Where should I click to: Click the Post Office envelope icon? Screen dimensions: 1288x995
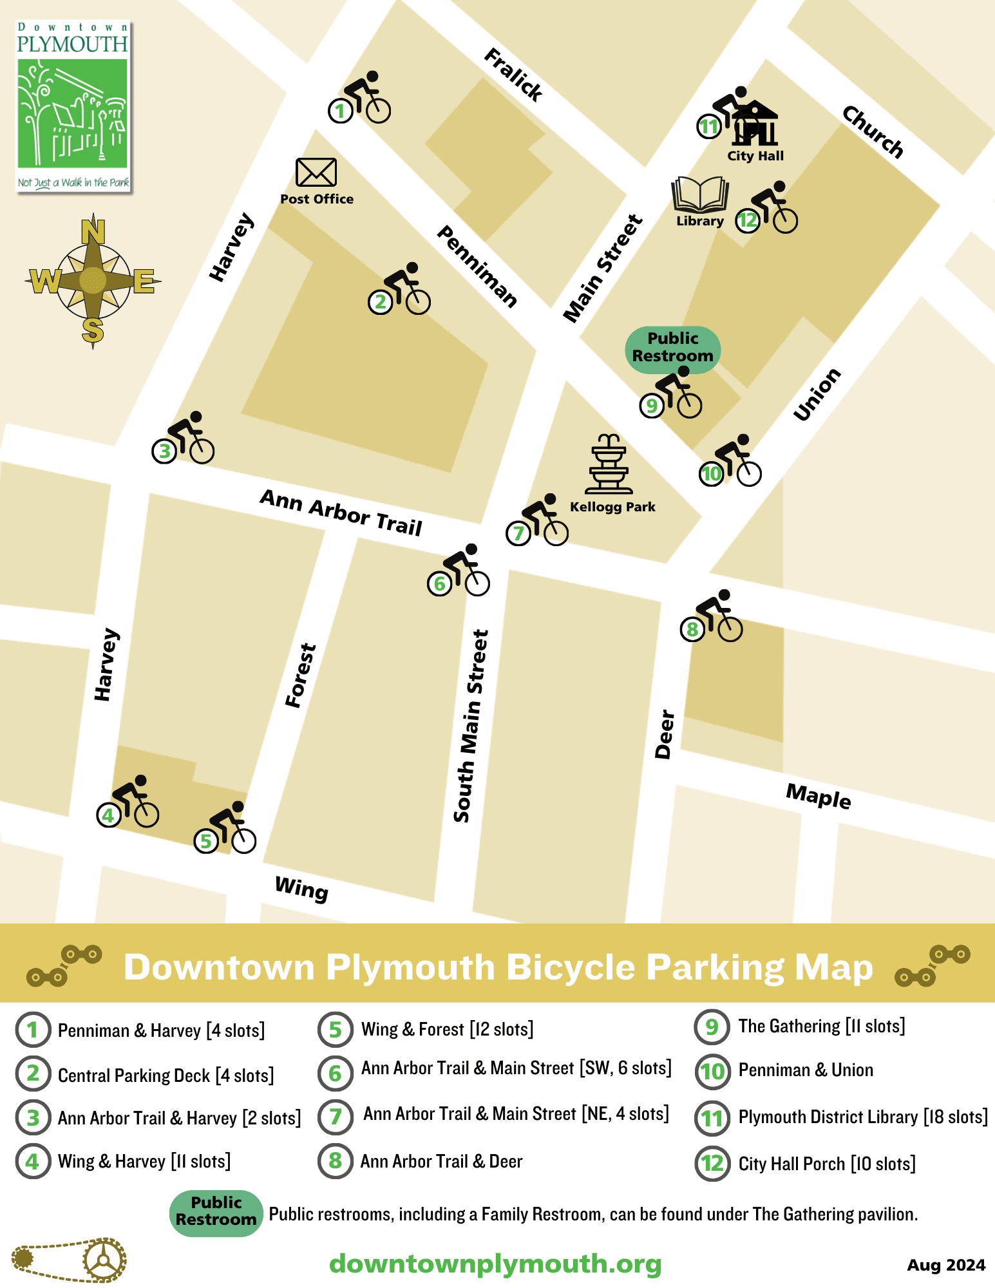click(316, 173)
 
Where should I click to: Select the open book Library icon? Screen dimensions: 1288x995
click(700, 195)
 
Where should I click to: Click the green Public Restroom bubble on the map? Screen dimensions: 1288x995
click(672, 348)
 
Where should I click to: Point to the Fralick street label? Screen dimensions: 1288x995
click(513, 75)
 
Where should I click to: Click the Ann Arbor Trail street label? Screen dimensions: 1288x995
click(341, 513)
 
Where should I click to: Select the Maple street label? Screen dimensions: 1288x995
click(818, 797)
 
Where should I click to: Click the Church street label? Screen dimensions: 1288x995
click(873, 132)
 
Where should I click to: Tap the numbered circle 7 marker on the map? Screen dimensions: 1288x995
click(518, 533)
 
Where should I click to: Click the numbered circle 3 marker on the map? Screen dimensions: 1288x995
click(164, 451)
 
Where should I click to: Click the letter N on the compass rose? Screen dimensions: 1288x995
click(93, 231)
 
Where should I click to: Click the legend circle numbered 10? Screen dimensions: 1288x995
click(712, 1072)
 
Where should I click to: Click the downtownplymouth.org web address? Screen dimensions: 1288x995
click(495, 1264)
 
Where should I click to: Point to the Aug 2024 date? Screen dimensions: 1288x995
click(945, 1265)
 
